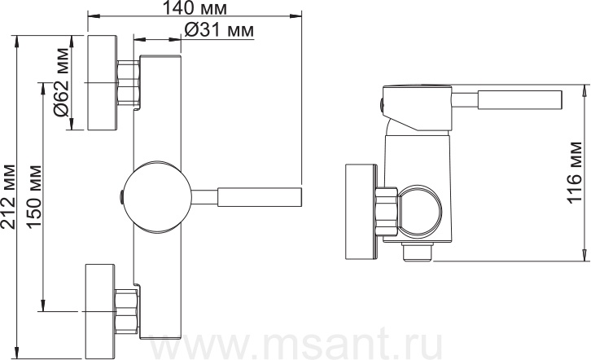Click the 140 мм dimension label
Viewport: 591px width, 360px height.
[195, 7]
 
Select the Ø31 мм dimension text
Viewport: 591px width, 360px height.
[219, 30]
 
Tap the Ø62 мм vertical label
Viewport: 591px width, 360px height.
[62, 82]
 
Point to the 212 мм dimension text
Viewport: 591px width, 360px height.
[8, 196]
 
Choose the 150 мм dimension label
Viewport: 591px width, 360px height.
[34, 196]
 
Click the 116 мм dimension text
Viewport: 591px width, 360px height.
[575, 173]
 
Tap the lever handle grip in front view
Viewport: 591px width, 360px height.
[260, 196]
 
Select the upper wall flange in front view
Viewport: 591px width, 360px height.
[103, 83]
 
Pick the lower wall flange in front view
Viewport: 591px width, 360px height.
[100, 311]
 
